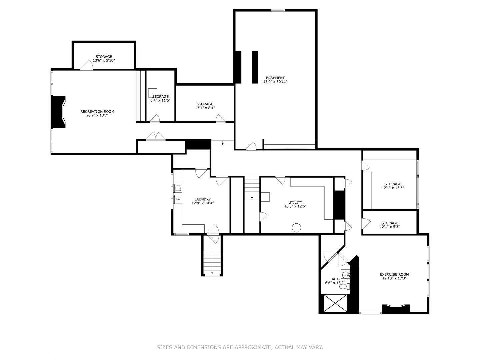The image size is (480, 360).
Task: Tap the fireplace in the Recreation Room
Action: [58, 112]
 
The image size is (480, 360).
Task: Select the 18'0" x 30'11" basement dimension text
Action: [275, 82]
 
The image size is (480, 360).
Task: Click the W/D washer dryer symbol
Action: [178, 199]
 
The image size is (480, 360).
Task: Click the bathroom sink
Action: [346, 275]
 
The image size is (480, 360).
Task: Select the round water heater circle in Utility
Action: [296, 228]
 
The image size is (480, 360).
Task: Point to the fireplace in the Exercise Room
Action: [395, 309]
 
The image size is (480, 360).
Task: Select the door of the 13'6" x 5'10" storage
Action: [87, 66]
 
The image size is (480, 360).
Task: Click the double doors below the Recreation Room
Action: [155, 137]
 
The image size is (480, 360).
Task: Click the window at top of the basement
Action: [278, 10]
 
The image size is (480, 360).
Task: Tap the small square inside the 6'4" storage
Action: [153, 93]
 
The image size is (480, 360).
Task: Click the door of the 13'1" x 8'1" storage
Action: [220, 119]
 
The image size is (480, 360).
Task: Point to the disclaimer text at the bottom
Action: [240, 347]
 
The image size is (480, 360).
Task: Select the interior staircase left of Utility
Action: [252, 188]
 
